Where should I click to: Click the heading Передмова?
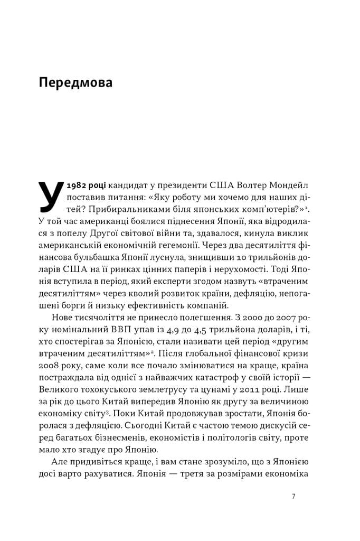(x=75, y=83)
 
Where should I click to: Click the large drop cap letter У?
(x=51, y=195)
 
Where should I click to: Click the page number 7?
(x=293, y=496)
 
